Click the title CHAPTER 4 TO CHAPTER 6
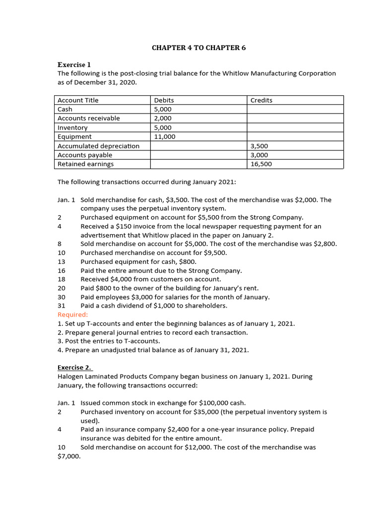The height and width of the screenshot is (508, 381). (x=198, y=48)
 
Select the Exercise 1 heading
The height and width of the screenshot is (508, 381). (x=74, y=64)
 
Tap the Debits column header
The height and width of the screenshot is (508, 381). (x=164, y=100)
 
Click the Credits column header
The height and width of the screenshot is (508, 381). (x=261, y=100)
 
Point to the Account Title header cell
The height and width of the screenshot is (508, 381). (x=78, y=100)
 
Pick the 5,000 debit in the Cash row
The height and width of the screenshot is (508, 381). (x=163, y=109)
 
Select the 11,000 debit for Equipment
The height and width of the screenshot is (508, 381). (x=165, y=136)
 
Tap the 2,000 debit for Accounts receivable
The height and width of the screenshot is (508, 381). (x=163, y=118)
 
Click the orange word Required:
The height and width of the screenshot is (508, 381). (x=72, y=315)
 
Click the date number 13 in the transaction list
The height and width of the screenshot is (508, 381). (x=62, y=261)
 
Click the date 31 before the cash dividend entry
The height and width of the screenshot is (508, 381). (x=62, y=306)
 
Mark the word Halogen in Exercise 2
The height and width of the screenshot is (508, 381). (x=72, y=377)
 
